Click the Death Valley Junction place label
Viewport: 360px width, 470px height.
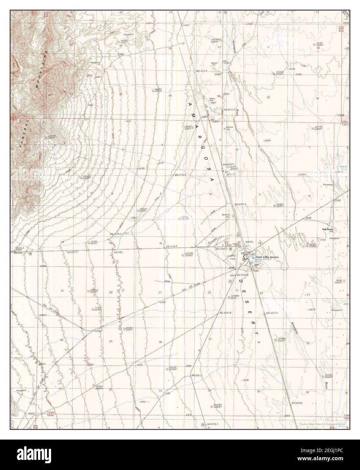[267, 257]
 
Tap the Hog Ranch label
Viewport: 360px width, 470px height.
[328, 229]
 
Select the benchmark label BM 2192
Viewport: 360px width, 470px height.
[117, 252]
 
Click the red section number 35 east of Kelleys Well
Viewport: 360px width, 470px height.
[268, 97]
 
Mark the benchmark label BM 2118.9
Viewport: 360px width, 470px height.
[172, 247]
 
